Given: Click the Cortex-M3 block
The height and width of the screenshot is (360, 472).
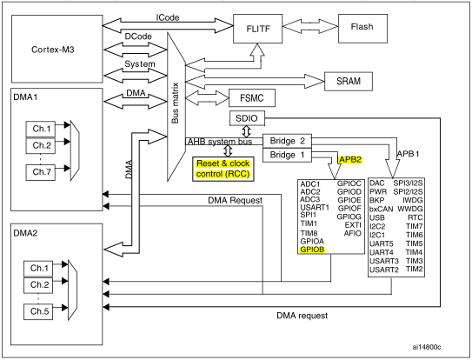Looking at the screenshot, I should (52, 50).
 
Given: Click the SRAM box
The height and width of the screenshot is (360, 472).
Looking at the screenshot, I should (355, 81).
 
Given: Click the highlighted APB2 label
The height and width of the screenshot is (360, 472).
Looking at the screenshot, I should (351, 160).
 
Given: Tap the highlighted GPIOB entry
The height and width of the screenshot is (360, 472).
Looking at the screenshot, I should (314, 249).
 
